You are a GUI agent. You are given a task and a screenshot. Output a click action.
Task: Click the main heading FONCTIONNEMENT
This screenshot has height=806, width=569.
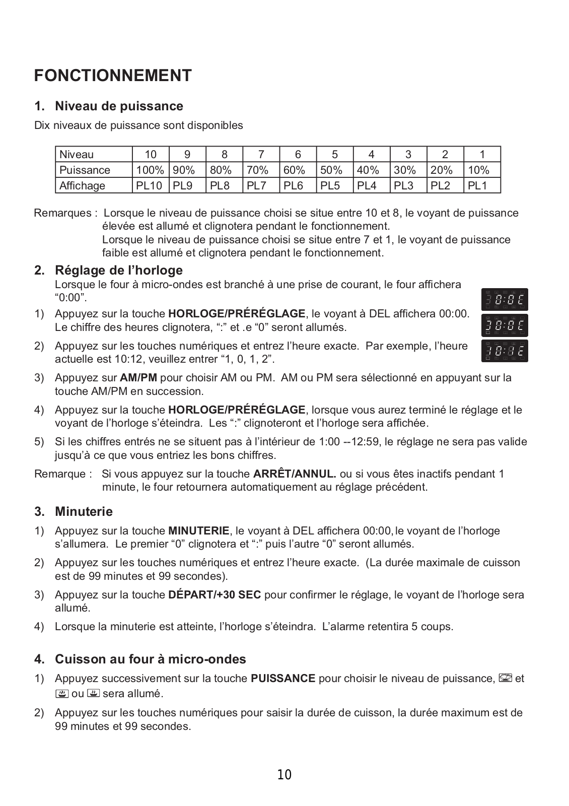pos(113,76)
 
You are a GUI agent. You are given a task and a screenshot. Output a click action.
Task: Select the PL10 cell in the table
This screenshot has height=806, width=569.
pos(150,185)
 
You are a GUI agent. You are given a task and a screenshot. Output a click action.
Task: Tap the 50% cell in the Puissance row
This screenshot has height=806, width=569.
pos(331,170)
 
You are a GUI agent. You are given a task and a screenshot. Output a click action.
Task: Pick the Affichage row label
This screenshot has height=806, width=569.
pos(83,185)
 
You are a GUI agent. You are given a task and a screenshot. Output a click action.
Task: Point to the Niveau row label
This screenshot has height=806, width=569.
pos(77,154)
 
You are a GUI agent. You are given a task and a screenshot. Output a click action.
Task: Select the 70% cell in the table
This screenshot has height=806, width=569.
pos(257,170)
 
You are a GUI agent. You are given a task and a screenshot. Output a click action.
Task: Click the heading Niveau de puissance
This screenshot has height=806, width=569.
pos(119,106)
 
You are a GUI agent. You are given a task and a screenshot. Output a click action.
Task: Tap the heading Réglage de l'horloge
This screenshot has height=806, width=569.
pos(118,271)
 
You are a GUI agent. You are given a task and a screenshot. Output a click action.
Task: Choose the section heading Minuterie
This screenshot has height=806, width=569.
pos(84,512)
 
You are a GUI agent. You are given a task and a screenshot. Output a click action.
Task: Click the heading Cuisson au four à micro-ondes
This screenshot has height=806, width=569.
pos(150,659)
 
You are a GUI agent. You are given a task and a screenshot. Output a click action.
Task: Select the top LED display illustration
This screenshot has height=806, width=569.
pos(505,300)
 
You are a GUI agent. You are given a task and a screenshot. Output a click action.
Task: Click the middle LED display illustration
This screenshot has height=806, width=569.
pos(505,325)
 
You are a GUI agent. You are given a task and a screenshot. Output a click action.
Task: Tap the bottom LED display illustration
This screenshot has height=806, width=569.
pos(505,351)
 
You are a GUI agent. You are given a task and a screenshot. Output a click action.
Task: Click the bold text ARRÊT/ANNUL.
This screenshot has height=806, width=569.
pos(295,474)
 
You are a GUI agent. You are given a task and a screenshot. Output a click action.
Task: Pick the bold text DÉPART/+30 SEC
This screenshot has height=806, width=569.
pos(215,595)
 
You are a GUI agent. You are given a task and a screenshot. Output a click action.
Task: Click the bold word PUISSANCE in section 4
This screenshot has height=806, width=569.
pos(283,679)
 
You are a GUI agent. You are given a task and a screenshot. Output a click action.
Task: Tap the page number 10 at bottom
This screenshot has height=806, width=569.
pos(284,775)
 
